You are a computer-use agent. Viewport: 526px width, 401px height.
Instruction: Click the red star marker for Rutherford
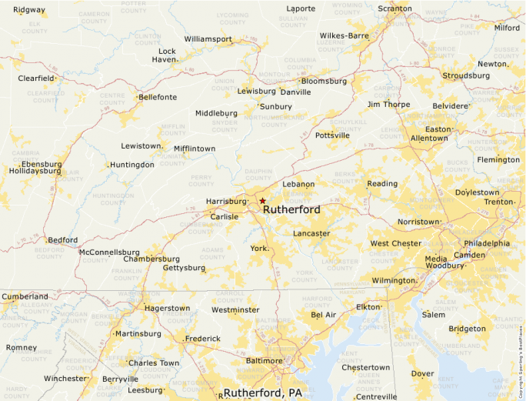[262, 200]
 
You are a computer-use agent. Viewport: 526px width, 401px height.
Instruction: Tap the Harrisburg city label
[225, 202]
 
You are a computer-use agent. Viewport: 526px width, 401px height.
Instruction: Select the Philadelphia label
[486, 243]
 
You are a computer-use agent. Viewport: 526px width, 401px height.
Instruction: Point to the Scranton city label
[394, 9]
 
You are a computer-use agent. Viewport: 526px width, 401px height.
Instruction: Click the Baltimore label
[264, 360]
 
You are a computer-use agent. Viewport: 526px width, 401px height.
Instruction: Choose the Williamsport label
[208, 38]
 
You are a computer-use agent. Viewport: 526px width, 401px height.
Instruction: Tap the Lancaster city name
[311, 233]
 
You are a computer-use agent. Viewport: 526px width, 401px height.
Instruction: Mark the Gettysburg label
[184, 268]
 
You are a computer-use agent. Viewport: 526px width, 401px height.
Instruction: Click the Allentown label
[429, 139]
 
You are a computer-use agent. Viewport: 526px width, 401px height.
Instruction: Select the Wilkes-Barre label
[345, 35]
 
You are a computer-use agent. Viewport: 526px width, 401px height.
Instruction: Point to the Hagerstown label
[167, 308]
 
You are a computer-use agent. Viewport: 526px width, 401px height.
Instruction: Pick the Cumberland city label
[25, 296]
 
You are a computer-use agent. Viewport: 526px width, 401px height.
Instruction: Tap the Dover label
[422, 373]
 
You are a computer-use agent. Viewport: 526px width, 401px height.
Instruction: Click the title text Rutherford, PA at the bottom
[262, 393]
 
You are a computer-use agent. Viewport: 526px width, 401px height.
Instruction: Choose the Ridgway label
[29, 10]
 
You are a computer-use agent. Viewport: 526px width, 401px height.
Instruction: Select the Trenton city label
[498, 202]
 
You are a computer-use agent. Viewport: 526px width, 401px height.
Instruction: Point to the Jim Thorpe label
[388, 104]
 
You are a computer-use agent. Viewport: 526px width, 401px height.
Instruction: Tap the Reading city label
[382, 184]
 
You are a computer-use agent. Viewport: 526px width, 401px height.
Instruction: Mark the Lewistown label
[141, 146]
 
